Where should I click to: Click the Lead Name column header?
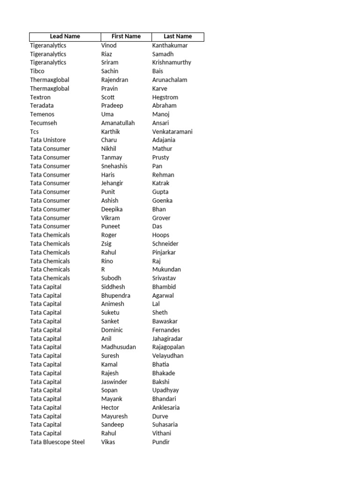tap(65, 37)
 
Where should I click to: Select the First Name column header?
tap(126, 37)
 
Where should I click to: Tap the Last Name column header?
tap(178, 37)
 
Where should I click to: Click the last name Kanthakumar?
tap(170, 45)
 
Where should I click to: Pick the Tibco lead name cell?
tap(38, 71)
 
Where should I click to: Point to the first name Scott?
tap(108, 97)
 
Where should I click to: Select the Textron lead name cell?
tap(40, 97)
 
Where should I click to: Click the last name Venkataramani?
tap(172, 132)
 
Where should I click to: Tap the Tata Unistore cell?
tap(48, 140)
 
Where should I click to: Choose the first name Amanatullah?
tap(118, 123)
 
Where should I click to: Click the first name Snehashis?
tap(114, 166)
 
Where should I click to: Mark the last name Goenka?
tap(162, 201)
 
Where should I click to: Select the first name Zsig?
tap(106, 244)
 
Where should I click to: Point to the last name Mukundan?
tap(166, 270)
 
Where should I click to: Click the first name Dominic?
tap(112, 330)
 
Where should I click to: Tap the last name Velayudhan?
tap(168, 356)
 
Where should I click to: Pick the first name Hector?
tap(110, 407)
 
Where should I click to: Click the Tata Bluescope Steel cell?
tap(57, 442)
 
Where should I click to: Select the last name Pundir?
tap(161, 442)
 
